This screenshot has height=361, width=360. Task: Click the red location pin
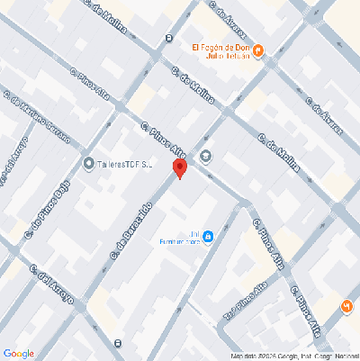(179, 167)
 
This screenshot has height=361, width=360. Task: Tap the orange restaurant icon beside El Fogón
(259, 51)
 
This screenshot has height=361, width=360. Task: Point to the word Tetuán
(235, 57)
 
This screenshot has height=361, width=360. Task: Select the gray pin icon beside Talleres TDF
(88, 163)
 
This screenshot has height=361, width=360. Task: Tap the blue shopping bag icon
(209, 237)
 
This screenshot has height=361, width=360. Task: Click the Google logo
(18, 352)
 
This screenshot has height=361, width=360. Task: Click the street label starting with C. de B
(132, 230)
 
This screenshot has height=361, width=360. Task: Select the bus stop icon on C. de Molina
(170, 37)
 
